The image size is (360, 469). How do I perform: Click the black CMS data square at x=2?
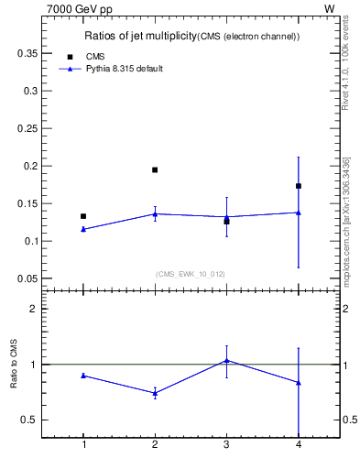pos(155,169)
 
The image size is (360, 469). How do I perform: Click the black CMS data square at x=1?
pos(83,216)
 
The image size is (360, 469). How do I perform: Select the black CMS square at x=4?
pos(299,186)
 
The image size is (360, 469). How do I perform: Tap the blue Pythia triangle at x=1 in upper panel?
pos(83,229)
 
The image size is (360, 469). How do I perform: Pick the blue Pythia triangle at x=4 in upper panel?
pos(299,213)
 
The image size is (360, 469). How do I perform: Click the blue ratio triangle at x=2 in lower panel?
pos(155,393)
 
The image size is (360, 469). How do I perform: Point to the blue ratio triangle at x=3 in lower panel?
pos(226,360)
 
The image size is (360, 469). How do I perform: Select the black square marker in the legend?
pos(71,57)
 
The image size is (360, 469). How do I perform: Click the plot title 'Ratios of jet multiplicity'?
pos(137,36)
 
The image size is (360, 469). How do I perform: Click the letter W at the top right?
pos(330,8)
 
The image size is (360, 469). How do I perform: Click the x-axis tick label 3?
pos(226,445)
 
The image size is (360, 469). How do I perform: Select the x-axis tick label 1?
pos(83,445)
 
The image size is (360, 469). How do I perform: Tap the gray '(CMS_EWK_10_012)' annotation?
pos(190,274)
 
